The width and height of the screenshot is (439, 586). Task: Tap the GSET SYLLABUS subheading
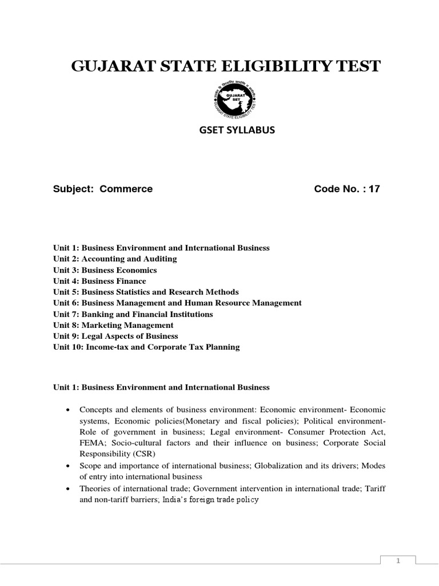click(x=236, y=130)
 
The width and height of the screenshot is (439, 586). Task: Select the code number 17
click(x=374, y=189)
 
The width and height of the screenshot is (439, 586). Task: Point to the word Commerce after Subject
click(x=126, y=189)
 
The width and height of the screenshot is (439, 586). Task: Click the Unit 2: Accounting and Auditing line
click(x=115, y=259)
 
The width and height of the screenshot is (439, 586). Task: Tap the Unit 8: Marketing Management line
click(x=113, y=325)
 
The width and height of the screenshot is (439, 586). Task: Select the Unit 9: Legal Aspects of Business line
click(x=115, y=336)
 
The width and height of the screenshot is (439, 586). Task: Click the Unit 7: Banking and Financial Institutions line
click(x=133, y=314)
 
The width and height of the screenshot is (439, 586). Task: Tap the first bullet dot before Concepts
click(x=69, y=410)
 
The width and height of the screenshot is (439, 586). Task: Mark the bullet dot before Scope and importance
click(x=69, y=466)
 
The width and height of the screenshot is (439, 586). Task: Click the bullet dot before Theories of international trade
click(x=69, y=488)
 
